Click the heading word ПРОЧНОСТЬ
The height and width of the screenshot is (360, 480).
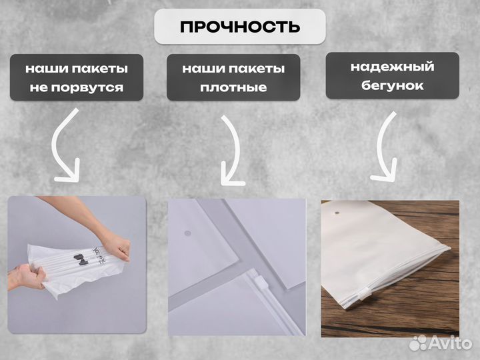point(240,27)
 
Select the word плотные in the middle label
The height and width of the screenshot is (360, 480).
point(233,87)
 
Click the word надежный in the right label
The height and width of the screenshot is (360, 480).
point(392,67)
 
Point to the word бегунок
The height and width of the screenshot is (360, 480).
point(392,86)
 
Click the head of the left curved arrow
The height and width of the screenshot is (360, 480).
point(67,175)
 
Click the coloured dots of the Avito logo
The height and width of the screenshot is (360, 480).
point(419,343)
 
